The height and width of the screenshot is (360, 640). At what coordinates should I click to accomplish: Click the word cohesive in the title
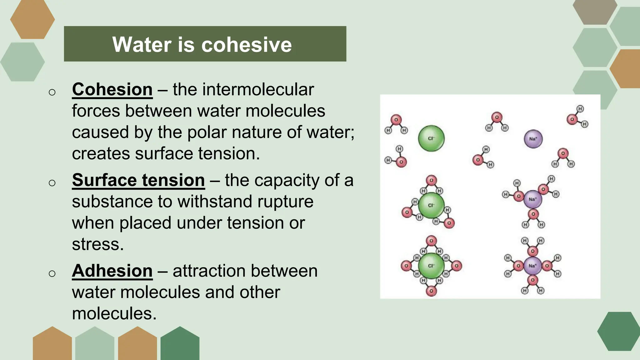[x=247, y=44]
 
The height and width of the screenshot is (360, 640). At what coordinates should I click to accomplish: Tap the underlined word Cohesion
[x=112, y=90]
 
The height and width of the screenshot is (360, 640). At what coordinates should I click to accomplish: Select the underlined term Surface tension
[x=138, y=180]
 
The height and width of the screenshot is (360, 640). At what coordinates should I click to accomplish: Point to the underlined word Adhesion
[x=112, y=271]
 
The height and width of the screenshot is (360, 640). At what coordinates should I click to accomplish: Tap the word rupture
[x=285, y=202]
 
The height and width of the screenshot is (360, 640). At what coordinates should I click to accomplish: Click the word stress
[x=97, y=244]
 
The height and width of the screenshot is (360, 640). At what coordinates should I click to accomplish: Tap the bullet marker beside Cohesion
[x=52, y=92]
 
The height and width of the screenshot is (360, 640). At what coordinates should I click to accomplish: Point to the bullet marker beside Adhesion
[x=52, y=273]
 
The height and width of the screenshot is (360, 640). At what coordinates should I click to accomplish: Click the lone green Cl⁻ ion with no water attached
[x=431, y=138]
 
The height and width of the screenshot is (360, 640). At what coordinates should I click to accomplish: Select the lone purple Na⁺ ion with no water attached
[x=533, y=139]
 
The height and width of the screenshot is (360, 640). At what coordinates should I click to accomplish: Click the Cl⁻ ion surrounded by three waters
[x=431, y=205]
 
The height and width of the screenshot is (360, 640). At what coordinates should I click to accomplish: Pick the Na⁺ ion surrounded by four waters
[x=532, y=266]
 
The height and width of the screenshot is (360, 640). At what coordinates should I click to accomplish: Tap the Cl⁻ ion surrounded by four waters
[x=431, y=266]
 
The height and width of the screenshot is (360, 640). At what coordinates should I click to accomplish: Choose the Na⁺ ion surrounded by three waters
[x=532, y=199]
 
